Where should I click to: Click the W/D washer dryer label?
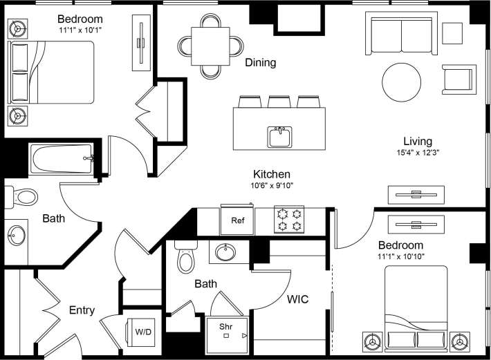[144, 332]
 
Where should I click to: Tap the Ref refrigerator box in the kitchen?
[237, 220]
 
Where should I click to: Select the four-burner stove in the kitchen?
[289, 220]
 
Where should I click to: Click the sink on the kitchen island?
[280, 137]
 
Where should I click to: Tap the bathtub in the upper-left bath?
[61, 160]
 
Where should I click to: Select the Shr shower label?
[225, 326]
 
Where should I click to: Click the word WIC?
[297, 299]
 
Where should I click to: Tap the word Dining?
[260, 63]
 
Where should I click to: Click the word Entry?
[82, 310]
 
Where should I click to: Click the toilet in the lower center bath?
[186, 258]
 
